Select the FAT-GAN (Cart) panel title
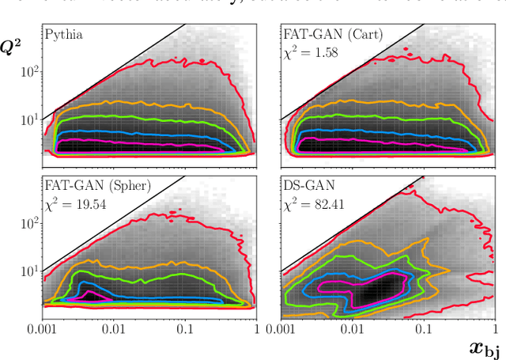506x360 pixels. pos(332,35)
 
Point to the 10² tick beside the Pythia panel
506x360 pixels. pos(28,72)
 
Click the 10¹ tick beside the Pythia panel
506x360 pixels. pos(28,119)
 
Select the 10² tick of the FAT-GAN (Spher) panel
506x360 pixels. pos(28,223)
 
